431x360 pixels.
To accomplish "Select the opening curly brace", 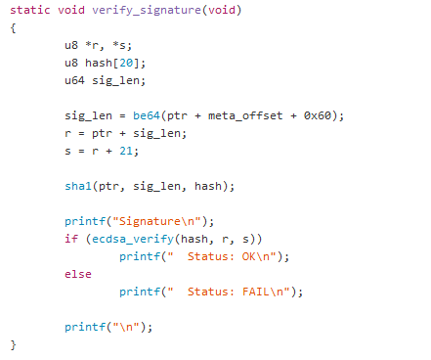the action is tap(14, 27).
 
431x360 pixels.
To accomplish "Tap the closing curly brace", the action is tap(14, 344).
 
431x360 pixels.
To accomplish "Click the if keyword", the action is tap(71, 239).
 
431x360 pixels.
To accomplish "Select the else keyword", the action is tap(78, 274).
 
